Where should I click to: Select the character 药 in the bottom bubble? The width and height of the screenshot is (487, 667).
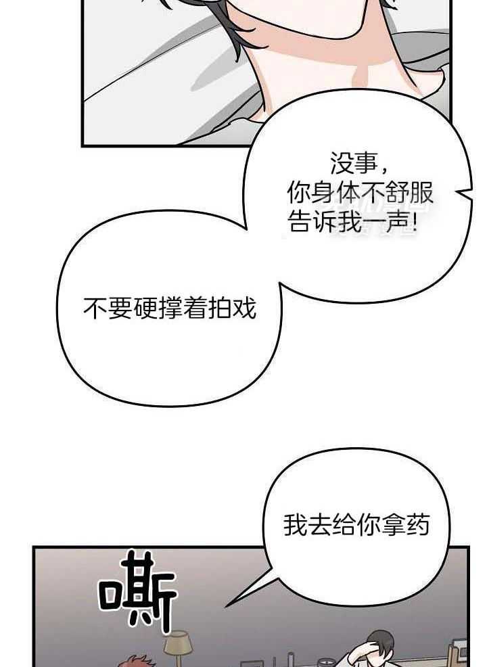click(417, 525)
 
